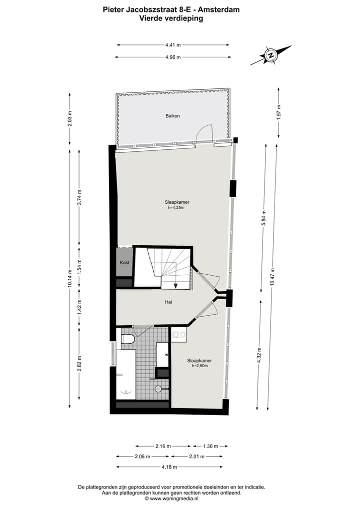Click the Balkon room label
[x=172, y=116]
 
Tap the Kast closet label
[x=124, y=263]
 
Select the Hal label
[x=169, y=302]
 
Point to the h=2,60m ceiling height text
[x=199, y=366]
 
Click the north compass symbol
[x=271, y=55]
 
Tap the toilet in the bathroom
[x=127, y=339]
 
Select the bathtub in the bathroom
[x=125, y=374]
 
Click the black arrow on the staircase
[x=176, y=286]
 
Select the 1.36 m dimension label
[x=209, y=446]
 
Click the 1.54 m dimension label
[x=79, y=266]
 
